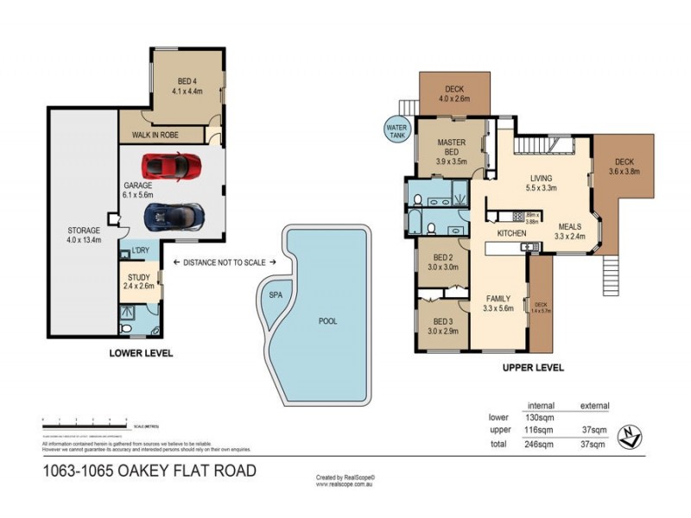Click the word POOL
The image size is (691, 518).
pyautogui.click(x=327, y=321)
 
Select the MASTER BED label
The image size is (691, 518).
pyautogui.click(x=452, y=146)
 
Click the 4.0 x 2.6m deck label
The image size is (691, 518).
pyautogui.click(x=454, y=94)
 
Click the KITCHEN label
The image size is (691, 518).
pyautogui.click(x=511, y=234)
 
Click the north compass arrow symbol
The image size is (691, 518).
pyautogui.click(x=636, y=436)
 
